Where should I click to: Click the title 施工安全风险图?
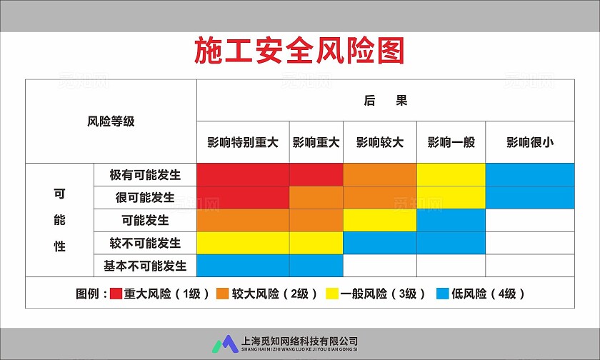click(x=300, y=51)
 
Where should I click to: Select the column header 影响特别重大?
click(x=243, y=142)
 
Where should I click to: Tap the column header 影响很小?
click(x=530, y=142)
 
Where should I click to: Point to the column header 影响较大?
click(x=380, y=142)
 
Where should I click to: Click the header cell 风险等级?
click(x=111, y=121)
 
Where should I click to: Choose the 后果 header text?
click(x=386, y=101)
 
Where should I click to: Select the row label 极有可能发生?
click(x=145, y=175)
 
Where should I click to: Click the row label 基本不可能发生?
click(x=145, y=266)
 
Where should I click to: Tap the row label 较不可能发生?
click(x=145, y=243)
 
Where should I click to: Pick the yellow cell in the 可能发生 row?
click(x=380, y=220)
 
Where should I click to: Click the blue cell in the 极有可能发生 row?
click(x=530, y=175)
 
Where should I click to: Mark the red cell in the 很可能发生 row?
click(x=243, y=197)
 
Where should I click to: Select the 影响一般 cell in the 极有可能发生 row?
click(x=451, y=175)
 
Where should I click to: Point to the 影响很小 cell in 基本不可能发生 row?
click(x=530, y=266)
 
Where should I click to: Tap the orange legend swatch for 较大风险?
click(x=223, y=294)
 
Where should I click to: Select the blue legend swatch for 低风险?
click(x=443, y=294)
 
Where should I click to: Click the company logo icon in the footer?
click(x=227, y=344)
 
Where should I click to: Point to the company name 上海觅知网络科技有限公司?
click(x=300, y=341)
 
